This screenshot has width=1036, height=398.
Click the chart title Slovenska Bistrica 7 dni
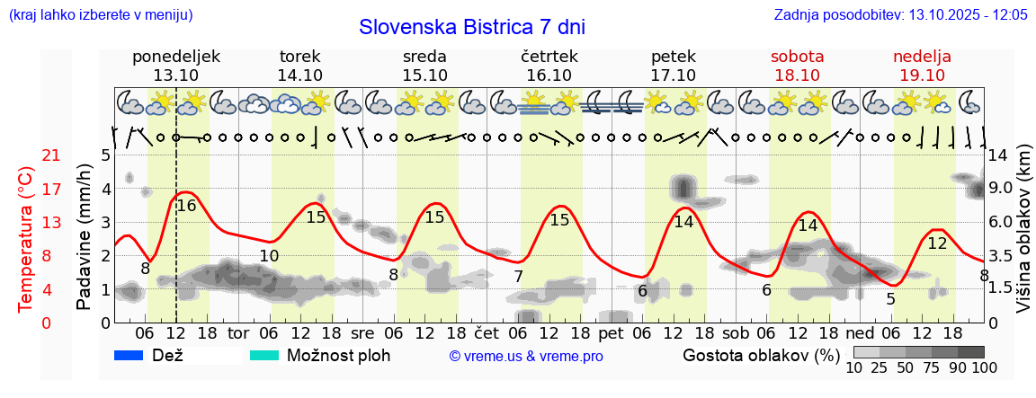[x=471, y=27]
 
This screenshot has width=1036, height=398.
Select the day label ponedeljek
[x=176, y=57]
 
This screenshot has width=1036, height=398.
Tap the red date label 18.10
[x=798, y=75]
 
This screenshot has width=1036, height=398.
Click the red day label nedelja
[x=922, y=57]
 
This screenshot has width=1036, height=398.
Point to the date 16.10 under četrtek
[x=549, y=75]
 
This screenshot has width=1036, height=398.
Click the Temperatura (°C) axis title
[x=27, y=239]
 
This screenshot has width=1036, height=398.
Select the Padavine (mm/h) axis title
[x=84, y=239]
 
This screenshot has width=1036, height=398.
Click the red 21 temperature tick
[x=27, y=155]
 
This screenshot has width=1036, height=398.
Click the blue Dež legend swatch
[x=129, y=355]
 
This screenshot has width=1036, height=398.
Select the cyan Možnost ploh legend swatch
[x=264, y=355]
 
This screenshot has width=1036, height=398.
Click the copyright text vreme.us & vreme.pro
[x=526, y=357]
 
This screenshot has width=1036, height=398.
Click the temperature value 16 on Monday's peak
[x=186, y=206]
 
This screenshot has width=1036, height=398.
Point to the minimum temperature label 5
[x=890, y=299]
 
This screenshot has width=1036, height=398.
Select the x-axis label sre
[x=362, y=332]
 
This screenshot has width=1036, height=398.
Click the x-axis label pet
[x=611, y=332]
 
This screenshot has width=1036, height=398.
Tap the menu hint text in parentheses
[x=100, y=15]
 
